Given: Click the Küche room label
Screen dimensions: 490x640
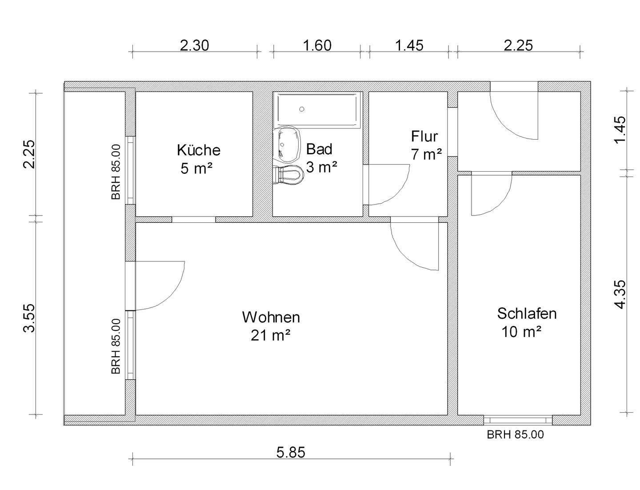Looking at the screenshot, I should (x=198, y=150).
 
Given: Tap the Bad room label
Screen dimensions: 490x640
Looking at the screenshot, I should (x=319, y=149).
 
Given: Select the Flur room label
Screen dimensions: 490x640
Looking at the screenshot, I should (x=424, y=136).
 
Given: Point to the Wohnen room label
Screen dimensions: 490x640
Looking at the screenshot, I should (x=271, y=317).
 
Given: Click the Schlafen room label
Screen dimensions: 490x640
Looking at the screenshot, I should (x=527, y=313).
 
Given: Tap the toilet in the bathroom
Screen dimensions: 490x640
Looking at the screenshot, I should (x=289, y=175).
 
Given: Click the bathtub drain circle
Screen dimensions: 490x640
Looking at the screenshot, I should (x=302, y=109).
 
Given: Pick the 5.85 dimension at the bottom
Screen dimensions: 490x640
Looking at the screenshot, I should (x=291, y=453).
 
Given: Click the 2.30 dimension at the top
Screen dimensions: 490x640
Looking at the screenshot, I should (x=194, y=45).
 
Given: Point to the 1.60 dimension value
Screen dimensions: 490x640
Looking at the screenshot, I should (x=317, y=45).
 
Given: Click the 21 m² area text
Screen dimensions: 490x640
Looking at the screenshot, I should (x=271, y=335).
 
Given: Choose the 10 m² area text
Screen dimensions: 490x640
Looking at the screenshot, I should (x=521, y=332).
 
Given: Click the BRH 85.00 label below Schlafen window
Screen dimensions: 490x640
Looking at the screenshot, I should (x=515, y=434).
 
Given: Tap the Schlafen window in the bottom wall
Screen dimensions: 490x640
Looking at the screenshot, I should (x=518, y=419).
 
